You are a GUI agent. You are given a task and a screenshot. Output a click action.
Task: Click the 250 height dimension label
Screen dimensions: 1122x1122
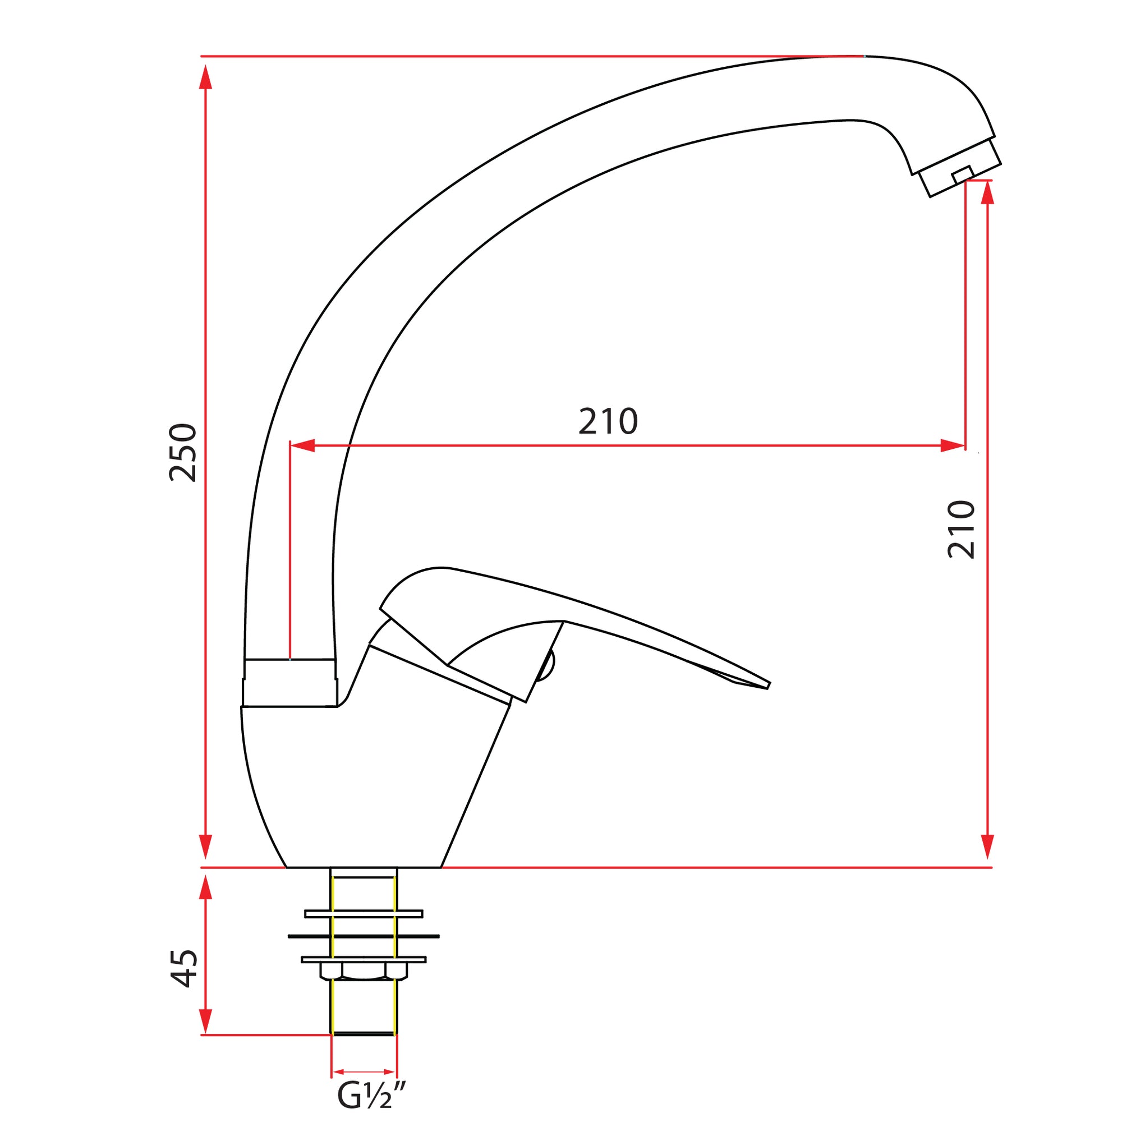(x=183, y=453)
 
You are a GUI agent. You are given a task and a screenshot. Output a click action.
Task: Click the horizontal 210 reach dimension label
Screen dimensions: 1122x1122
(x=608, y=422)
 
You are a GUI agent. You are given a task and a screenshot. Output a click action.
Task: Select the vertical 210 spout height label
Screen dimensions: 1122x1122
(x=961, y=529)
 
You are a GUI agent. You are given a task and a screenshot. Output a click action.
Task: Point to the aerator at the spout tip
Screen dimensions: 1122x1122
(x=962, y=168)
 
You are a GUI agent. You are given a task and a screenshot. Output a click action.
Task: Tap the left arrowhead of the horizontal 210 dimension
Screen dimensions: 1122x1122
(x=302, y=446)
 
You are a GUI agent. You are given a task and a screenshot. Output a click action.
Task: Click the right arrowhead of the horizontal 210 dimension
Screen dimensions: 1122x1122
(x=953, y=446)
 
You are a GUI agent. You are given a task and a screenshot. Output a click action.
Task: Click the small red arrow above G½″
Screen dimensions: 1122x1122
(x=364, y=1072)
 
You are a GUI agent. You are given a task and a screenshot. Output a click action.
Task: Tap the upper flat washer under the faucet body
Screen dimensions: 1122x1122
(x=364, y=914)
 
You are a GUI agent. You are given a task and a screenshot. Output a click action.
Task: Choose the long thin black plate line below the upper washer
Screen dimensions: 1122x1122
(x=364, y=936)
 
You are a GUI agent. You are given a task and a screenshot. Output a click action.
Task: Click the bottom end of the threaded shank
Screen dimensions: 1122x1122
(x=364, y=1033)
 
